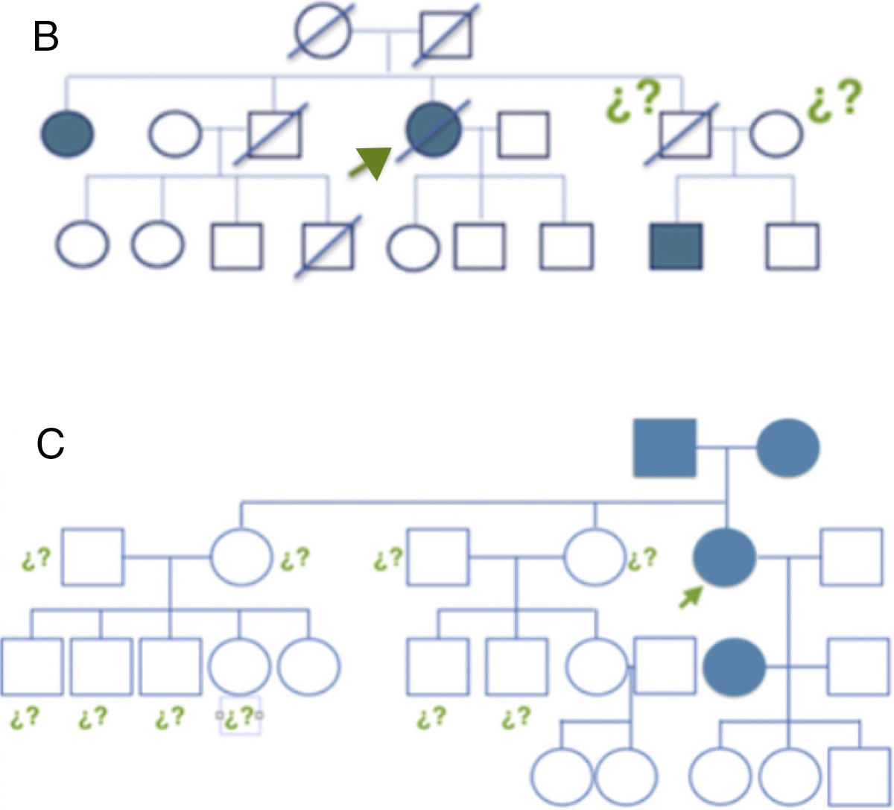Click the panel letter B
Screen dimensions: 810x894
(46, 37)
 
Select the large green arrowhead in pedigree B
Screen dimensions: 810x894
(372, 162)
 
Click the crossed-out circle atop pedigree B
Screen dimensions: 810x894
(322, 33)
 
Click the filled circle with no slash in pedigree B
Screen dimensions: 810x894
(68, 135)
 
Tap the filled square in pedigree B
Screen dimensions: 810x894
(676, 247)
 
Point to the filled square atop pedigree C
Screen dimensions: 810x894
(665, 448)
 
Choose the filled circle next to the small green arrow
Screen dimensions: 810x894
(724, 557)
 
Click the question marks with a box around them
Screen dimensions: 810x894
(240, 717)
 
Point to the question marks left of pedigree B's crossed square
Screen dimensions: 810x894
(633, 100)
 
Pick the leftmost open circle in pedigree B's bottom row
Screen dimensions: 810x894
(82, 245)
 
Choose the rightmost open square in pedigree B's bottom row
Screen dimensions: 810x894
(793, 246)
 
